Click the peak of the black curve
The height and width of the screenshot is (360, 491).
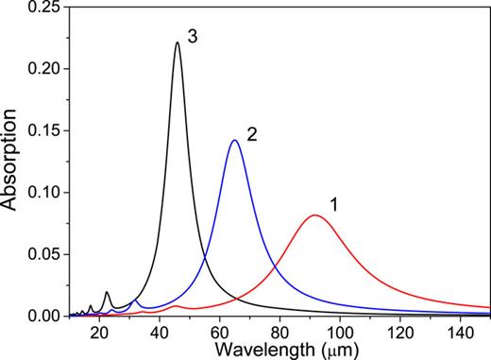(177, 43)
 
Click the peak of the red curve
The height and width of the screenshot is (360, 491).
(315, 215)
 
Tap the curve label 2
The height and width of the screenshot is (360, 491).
(252, 134)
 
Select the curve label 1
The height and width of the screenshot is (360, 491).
(333, 203)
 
